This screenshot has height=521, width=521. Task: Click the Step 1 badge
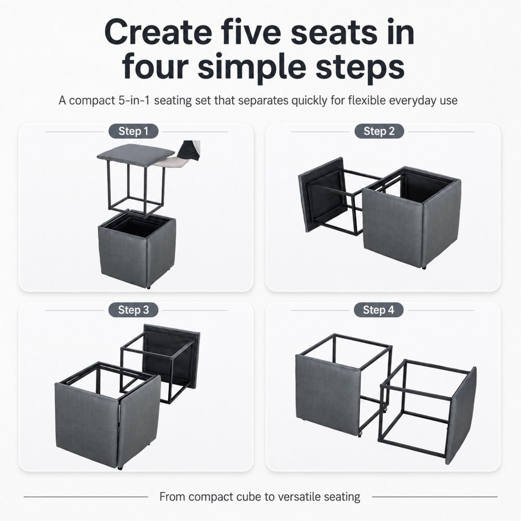133,131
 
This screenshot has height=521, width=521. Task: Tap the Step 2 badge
379,131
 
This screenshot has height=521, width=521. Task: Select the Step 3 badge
133,310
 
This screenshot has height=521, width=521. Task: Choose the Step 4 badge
378,310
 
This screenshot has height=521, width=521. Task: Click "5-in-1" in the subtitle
134,100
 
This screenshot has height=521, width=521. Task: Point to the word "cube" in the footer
249,497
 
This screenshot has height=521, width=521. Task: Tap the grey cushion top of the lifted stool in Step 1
136,152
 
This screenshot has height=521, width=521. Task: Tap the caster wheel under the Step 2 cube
424,267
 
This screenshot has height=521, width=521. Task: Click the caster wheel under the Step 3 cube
120,468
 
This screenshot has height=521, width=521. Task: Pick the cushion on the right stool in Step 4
462,415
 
